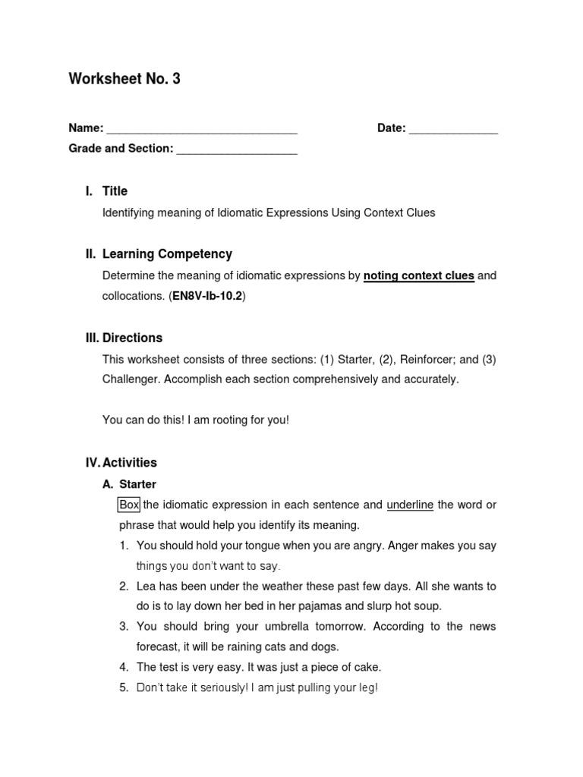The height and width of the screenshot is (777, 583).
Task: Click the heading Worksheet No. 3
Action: pyautogui.click(x=124, y=79)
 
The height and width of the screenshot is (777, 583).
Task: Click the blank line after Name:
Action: pyautogui.click(x=202, y=129)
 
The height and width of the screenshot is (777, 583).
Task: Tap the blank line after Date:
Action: pyautogui.click(x=453, y=129)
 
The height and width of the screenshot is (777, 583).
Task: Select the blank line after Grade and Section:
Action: pyautogui.click(x=237, y=149)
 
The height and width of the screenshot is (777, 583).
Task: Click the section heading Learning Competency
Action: pyautogui.click(x=167, y=254)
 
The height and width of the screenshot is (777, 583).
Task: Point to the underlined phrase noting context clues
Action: pyautogui.click(x=419, y=276)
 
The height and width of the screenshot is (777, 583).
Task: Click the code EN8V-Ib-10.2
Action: pyautogui.click(x=207, y=297)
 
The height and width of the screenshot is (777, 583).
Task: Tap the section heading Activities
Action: pyautogui.click(x=129, y=462)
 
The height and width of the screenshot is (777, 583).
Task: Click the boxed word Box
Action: pyautogui.click(x=129, y=505)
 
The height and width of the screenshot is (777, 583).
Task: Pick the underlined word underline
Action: pyautogui.click(x=410, y=505)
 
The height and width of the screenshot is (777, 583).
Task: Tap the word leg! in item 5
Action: pyautogui.click(x=366, y=688)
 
